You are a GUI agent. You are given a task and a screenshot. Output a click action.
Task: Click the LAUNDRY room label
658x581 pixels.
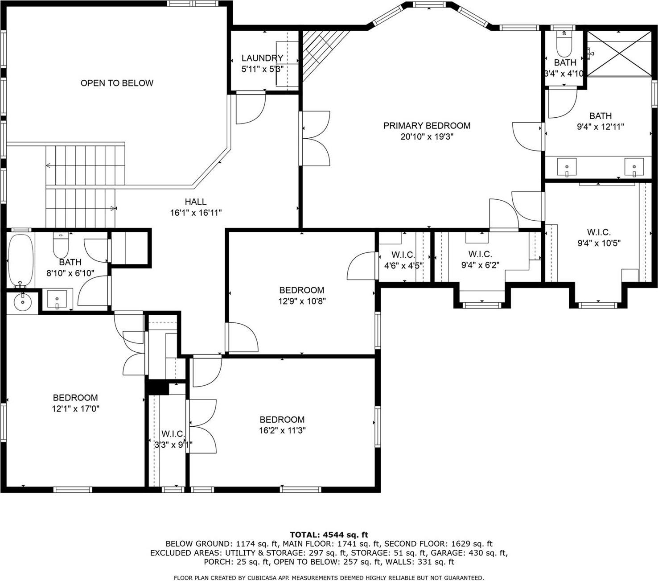pos(262,58)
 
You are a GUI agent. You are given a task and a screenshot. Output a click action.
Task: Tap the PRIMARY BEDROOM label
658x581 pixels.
pos(427,126)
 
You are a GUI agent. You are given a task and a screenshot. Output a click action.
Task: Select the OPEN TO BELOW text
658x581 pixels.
pos(117,83)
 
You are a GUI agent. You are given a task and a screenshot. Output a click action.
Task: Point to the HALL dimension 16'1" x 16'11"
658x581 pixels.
pos(196,213)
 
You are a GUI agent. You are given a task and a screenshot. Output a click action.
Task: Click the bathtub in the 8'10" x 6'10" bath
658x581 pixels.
pos(21,261)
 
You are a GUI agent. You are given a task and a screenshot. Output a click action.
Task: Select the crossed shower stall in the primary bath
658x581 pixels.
pos(618,54)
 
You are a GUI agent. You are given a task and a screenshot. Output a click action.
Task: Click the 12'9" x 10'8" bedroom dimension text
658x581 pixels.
pos(302,301)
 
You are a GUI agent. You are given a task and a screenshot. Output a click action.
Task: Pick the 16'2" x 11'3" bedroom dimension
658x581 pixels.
pos(282,431)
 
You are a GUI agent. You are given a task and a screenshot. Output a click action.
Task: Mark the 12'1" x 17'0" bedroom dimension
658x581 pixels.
pos(75,409)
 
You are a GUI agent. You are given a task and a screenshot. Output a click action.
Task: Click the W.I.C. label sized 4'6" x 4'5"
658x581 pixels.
pos(403,255)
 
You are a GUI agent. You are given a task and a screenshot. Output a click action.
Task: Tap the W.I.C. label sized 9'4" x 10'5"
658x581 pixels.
pos(599,232)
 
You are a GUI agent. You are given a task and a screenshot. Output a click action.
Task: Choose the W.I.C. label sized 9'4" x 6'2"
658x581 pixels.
pos(480,254)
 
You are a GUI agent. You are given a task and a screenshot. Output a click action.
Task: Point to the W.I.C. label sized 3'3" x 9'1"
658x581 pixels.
pos(173,434)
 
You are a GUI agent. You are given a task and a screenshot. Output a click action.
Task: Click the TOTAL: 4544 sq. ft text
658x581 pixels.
pos(329,535)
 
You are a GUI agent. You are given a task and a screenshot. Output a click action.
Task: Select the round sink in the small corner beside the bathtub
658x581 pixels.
pos(22,303)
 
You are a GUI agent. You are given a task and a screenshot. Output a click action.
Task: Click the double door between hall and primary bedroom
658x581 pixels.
pos(316,139)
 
